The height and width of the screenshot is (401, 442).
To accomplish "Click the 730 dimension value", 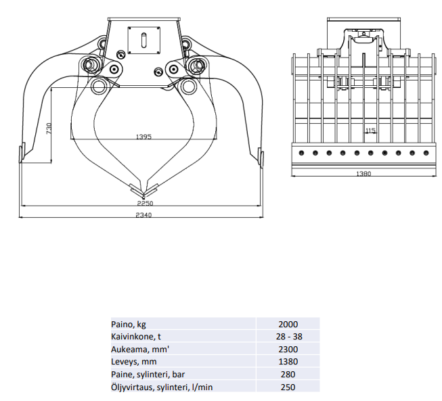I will pos(48,128).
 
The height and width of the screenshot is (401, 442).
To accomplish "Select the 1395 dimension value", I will pos(143,137).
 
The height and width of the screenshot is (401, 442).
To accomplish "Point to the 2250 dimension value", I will pos(144,202).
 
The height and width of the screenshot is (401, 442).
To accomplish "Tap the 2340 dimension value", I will pos(143,215).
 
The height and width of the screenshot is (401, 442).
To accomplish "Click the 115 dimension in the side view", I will pos(370,130).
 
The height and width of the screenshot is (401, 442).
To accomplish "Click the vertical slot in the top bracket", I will pos(144,39).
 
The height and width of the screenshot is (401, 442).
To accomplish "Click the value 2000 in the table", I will pos(288,324).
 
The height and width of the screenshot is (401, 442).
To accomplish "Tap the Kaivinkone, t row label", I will pos(136,336).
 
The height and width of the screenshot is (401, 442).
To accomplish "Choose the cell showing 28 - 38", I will pos(288,336).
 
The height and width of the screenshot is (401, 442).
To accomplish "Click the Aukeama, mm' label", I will pos(139,349).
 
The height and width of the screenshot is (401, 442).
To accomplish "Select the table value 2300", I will pos(288,349).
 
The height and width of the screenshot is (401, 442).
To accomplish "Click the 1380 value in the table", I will pos(288,362).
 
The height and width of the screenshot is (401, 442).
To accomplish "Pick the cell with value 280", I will pos(288,374).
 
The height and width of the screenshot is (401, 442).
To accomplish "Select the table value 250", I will pos(288,387).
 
